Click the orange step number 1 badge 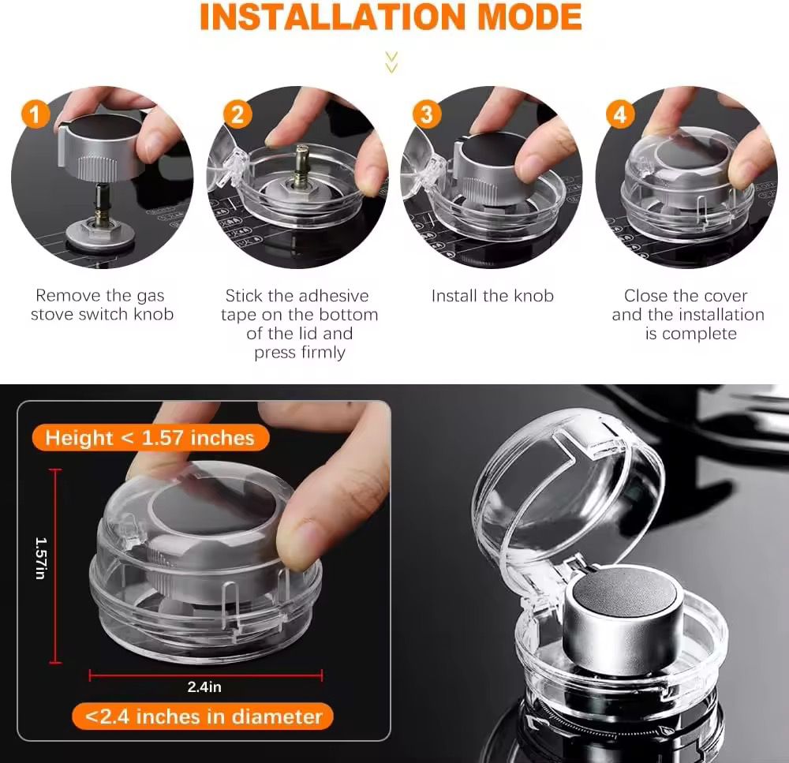[36, 114]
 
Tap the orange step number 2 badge [237, 114]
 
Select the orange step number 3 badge [427, 114]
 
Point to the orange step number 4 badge [620, 114]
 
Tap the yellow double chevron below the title [391, 62]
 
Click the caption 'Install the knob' [492, 296]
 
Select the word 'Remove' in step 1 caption [65, 295]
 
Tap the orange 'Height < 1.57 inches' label [150, 438]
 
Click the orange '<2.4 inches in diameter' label [203, 716]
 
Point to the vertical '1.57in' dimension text [41, 558]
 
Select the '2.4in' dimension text [204, 686]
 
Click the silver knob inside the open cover [623, 625]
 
